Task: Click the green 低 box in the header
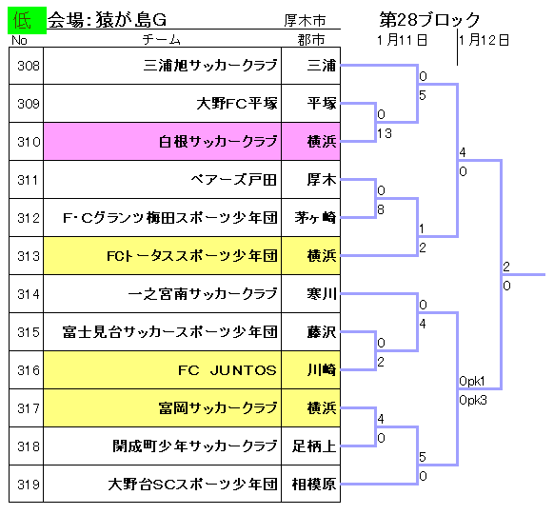27,20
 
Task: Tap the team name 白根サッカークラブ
218,142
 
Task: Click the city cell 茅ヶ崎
315,218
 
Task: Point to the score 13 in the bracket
384,133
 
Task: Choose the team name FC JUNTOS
227,370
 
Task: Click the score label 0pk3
473,400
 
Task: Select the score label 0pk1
472,381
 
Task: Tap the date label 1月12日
485,40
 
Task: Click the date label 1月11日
402,40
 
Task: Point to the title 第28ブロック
430,20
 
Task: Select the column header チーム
162,40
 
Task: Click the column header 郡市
311,40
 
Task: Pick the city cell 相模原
314,484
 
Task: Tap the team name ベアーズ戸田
233,180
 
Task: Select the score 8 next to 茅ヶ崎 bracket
381,209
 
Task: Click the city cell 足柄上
314,446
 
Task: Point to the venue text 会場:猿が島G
107,20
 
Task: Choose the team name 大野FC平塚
237,104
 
